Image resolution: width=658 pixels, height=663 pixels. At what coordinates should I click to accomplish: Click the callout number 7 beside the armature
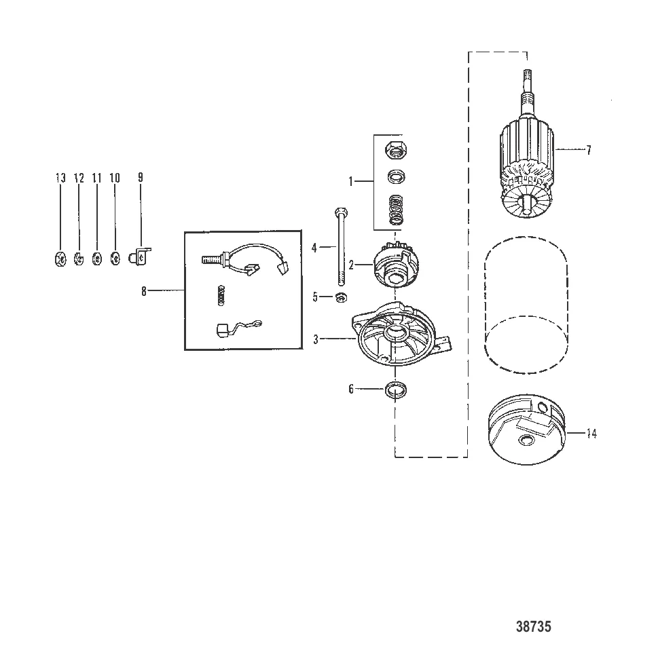pos(588,150)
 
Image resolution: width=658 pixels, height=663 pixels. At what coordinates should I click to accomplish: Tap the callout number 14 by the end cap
pos(591,434)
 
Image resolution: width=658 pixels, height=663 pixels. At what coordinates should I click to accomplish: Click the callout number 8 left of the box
pos(144,291)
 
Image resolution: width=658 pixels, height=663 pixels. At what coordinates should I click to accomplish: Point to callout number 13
pos(60,178)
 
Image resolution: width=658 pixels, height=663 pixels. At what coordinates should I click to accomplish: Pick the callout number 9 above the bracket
pos(141,178)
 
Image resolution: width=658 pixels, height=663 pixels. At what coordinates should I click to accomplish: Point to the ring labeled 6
pos(395,391)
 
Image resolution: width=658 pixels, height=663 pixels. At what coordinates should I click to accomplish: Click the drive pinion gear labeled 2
pos(395,267)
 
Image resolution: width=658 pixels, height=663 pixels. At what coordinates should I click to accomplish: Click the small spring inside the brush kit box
pos(219,295)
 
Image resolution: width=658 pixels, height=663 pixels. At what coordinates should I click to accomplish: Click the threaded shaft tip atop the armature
pos(528,88)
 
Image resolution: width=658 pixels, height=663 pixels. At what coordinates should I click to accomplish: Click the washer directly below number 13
pos(60,258)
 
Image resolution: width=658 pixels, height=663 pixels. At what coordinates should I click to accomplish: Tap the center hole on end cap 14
pos(524,442)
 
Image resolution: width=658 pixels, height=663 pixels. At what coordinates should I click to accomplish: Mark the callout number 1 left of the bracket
pos(350,181)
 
